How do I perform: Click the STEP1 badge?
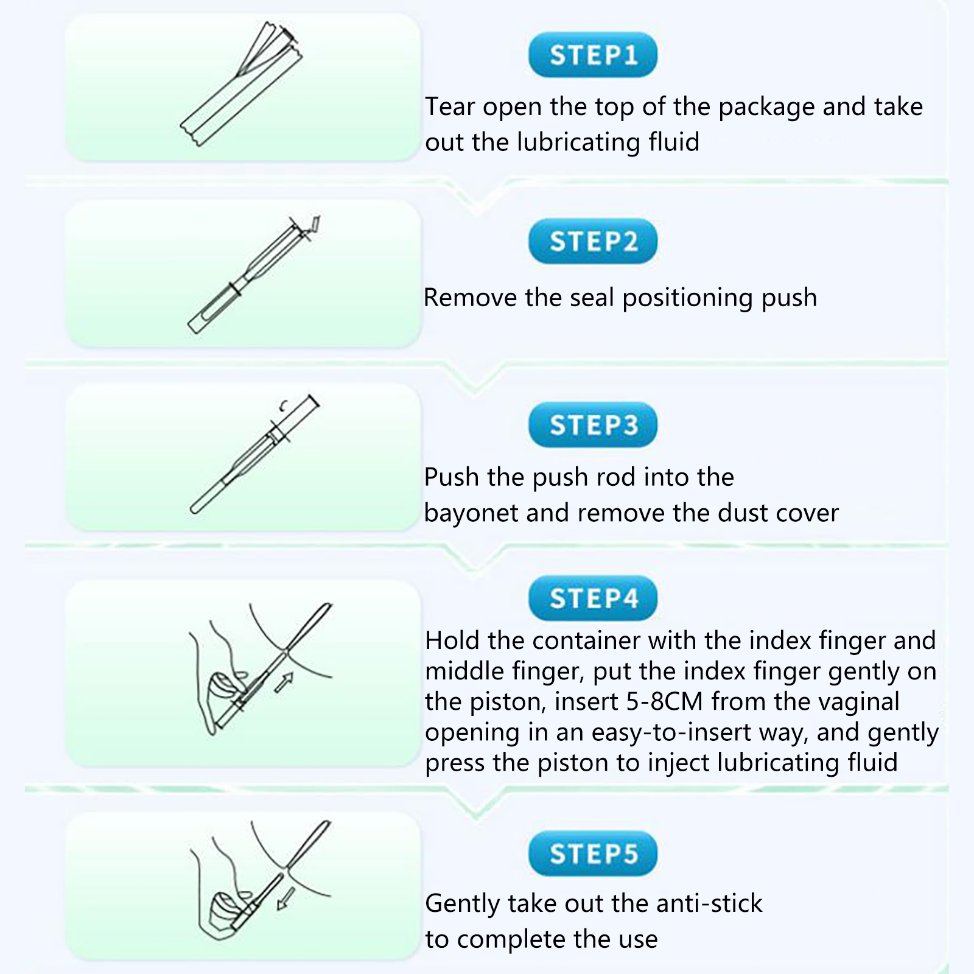click(x=593, y=55)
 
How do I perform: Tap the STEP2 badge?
click(x=593, y=241)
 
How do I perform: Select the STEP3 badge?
click(x=593, y=425)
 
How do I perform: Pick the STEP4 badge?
click(x=593, y=598)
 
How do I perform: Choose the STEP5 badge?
click(x=593, y=853)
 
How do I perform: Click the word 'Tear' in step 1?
click(x=450, y=107)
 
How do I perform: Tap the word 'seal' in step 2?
click(x=591, y=298)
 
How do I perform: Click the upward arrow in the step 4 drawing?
click(x=284, y=682)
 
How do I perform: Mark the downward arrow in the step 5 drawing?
click(x=286, y=899)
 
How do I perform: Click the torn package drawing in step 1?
click(x=242, y=84)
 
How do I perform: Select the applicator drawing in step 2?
click(x=254, y=275)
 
